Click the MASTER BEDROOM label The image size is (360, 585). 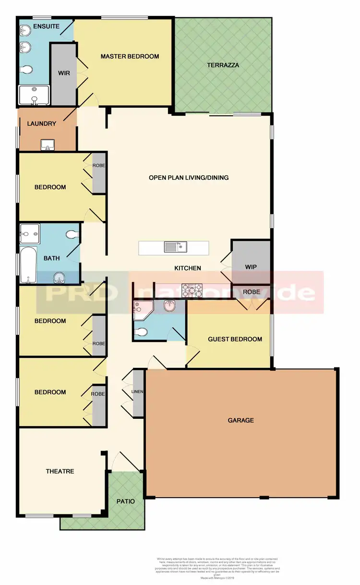click(130, 57)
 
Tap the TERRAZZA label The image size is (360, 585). click(223, 65)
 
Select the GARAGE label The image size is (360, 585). click(240, 420)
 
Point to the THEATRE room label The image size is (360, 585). click(60, 471)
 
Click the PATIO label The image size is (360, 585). click(126, 501)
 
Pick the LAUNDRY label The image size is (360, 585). click(42, 123)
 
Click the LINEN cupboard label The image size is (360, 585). click(137, 391)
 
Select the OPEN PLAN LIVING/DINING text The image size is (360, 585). click(189, 178)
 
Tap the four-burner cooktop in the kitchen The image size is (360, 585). click(192, 290)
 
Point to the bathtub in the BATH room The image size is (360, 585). click(28, 265)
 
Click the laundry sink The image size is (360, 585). click(48, 145)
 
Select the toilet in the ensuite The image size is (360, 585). click(26, 70)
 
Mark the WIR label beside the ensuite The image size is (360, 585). click(64, 73)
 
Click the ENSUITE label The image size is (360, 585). click(46, 26)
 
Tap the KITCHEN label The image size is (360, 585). click(188, 268)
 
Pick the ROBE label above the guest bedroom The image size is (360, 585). click(251, 292)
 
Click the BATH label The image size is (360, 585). click(52, 258)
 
